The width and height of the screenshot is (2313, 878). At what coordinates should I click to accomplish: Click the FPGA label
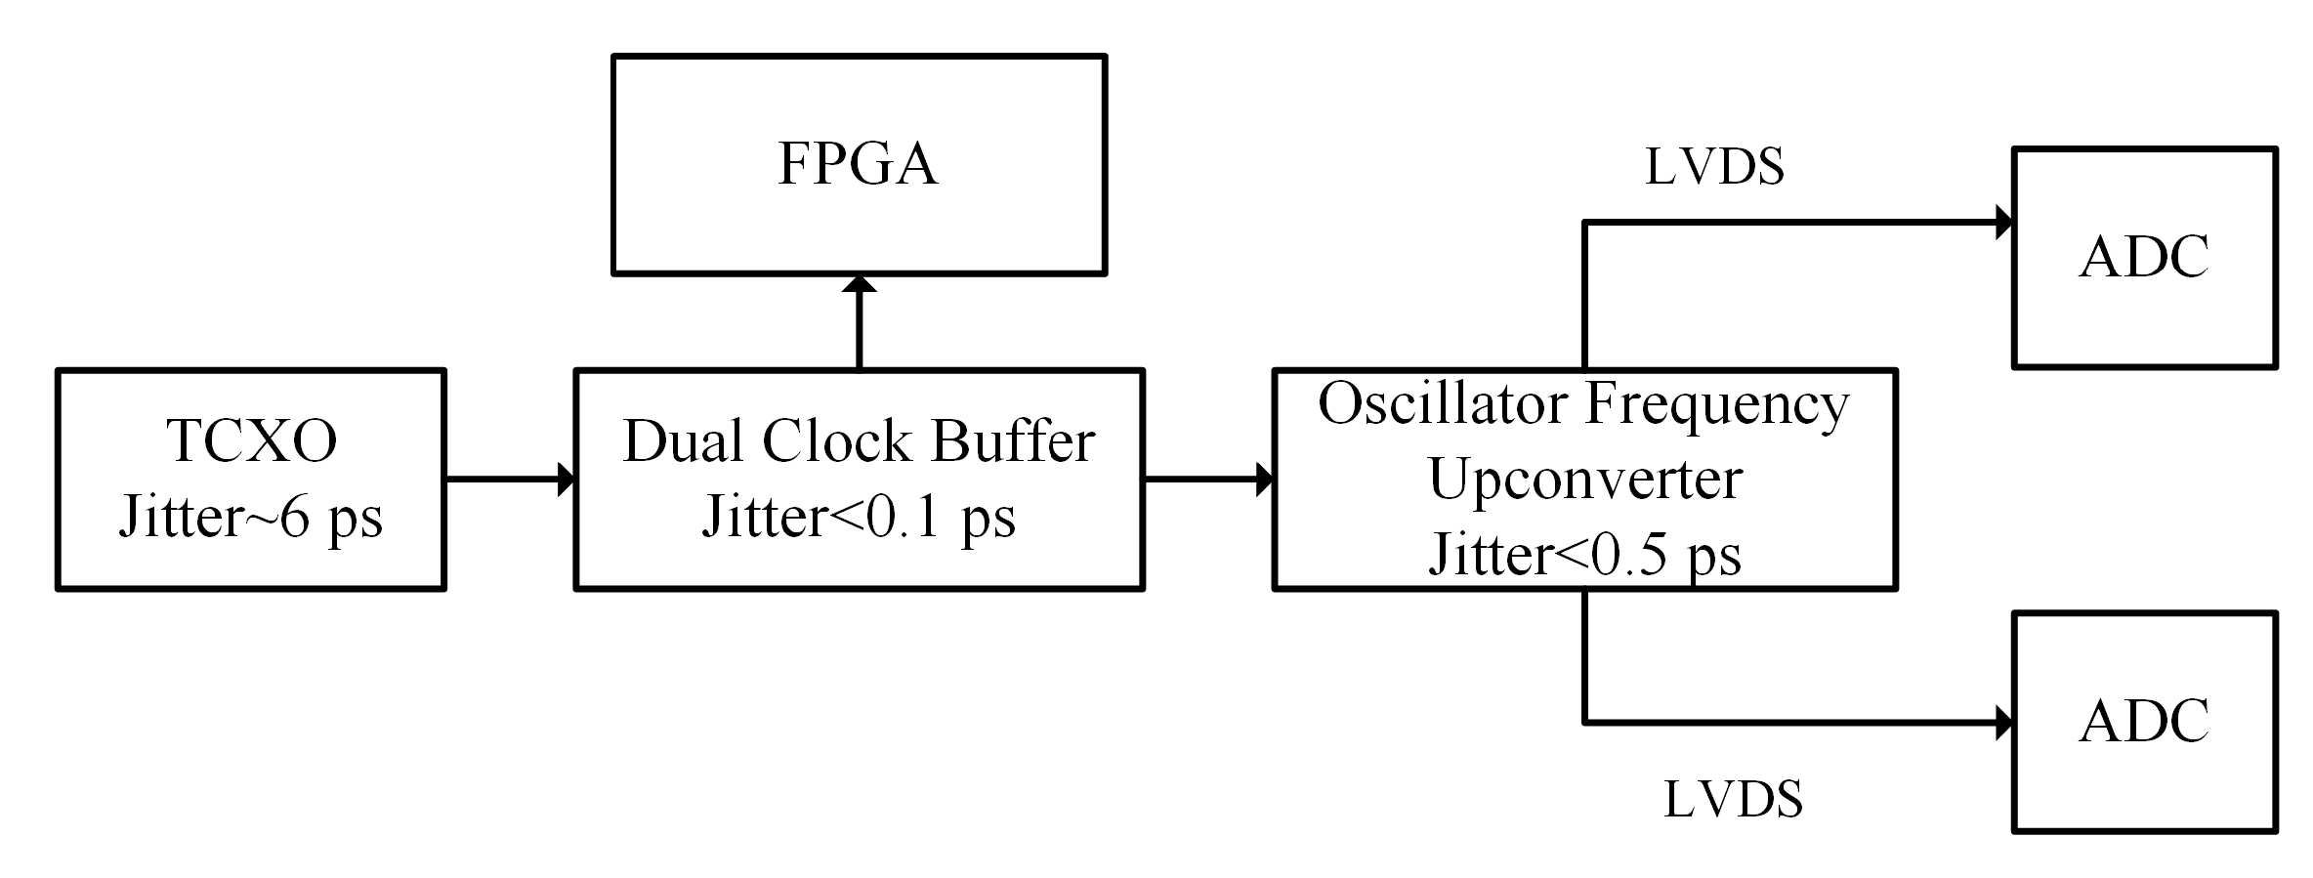[858, 163]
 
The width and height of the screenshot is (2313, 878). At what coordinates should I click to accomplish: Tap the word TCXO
[252, 440]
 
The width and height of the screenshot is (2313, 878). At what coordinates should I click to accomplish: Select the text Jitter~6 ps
[250, 517]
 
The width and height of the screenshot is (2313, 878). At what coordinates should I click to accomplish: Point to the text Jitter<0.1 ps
[858, 517]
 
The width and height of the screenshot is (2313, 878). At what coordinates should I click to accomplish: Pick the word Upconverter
[1584, 479]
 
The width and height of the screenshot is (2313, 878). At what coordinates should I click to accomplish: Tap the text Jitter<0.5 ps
[1584, 554]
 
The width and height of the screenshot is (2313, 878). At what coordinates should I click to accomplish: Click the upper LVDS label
[1714, 166]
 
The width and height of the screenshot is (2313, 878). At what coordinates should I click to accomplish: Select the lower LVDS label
[1732, 799]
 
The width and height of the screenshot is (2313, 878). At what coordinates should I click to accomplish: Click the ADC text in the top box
[2144, 258]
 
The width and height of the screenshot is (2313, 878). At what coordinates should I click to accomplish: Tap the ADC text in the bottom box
[2144, 722]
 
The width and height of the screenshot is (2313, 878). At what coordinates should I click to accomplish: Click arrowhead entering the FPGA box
[860, 284]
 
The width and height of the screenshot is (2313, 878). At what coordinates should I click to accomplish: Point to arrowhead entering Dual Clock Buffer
[566, 480]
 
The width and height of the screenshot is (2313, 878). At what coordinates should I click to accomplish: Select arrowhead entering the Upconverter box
[1264, 480]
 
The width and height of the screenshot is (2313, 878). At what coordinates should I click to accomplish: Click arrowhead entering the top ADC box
[2003, 223]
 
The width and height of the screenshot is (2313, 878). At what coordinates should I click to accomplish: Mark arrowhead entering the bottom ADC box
[2003, 723]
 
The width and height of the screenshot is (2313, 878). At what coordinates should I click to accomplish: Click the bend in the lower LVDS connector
[1584, 723]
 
